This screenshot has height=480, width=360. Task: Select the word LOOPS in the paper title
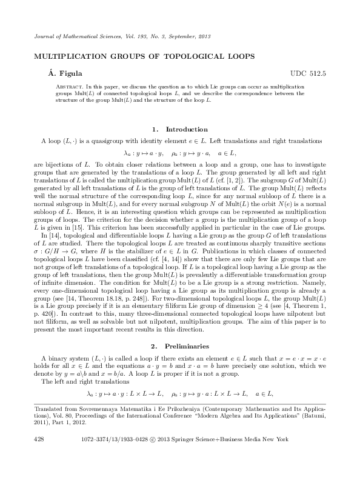click(238, 56)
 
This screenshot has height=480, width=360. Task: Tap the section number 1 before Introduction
click(155, 129)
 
